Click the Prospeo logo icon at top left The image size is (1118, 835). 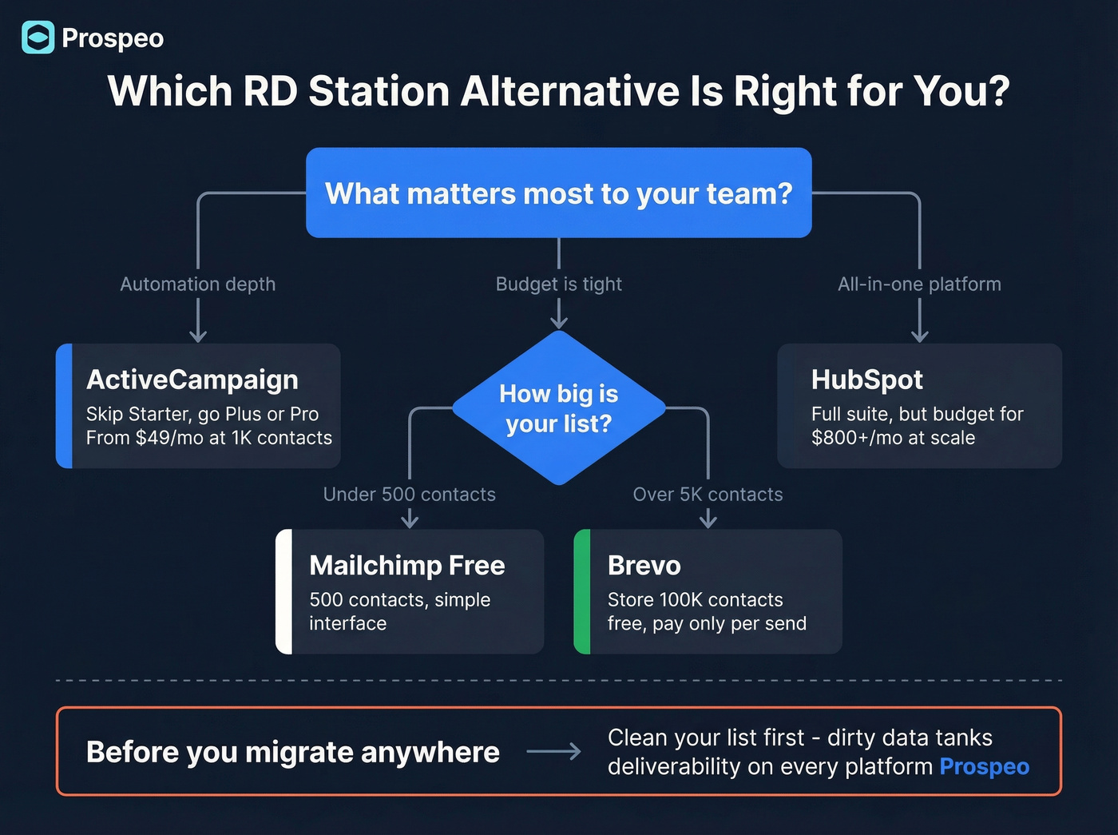coord(38,38)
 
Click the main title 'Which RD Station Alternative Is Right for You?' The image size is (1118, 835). coord(559,91)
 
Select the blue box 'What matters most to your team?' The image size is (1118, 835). coord(559,193)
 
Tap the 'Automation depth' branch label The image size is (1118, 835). coord(197,284)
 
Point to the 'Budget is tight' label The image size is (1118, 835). coord(559,284)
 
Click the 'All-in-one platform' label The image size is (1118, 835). coord(919,284)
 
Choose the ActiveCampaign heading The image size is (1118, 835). coord(192,380)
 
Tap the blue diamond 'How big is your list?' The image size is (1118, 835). coord(559,408)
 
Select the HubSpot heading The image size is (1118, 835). coord(867,380)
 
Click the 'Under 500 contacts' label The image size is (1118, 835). coord(409,495)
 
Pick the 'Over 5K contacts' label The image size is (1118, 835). coord(708,495)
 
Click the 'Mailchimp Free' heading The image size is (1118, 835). coord(407,566)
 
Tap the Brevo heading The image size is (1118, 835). coord(644,566)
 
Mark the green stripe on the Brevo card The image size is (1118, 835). coord(582,591)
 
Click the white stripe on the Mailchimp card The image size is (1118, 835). coord(283,591)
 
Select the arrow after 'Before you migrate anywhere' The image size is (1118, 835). coord(553,752)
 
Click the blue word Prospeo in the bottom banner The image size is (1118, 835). coord(984,766)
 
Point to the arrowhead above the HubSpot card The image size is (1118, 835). coord(920,335)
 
